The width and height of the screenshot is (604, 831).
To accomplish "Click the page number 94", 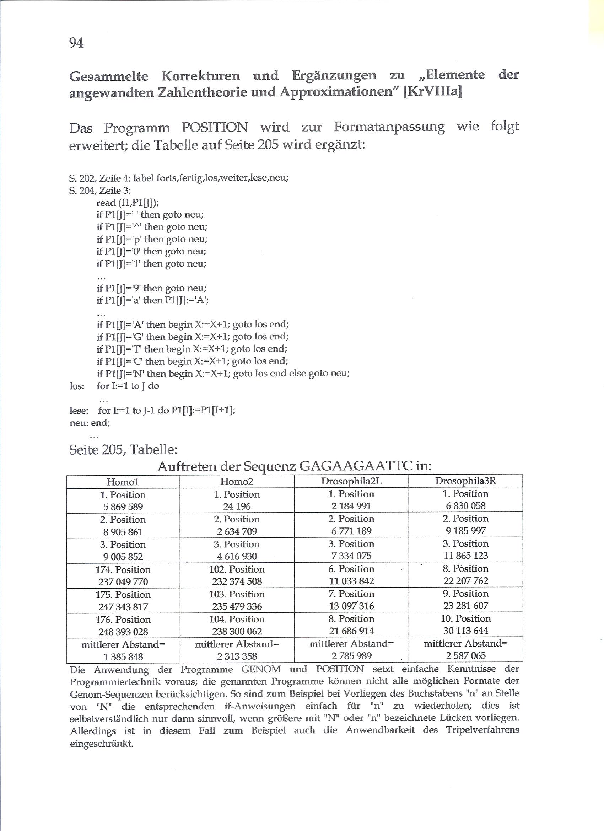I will pos(76,43).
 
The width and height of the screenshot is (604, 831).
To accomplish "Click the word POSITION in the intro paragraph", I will pos(215,127).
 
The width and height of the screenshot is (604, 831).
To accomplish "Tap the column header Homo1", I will pos(123,482).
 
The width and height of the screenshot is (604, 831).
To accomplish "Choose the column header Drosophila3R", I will pos(465,481).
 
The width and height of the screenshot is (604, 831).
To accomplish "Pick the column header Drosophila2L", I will pos(351,481).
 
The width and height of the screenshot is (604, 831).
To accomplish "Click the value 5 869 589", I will pos(123,507).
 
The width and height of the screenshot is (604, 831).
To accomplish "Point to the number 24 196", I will pos(237,507).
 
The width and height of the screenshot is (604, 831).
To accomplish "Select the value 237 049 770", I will pos(123,582).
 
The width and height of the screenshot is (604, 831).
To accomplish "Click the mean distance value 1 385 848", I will pos(123,657).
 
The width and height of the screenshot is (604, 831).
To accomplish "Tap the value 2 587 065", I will pos(465,656).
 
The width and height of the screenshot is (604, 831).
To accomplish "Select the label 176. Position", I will pos(123,620).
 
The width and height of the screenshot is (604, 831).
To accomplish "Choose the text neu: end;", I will pos(90,423).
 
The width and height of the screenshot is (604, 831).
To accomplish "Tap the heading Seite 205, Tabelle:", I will pos(123,450).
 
